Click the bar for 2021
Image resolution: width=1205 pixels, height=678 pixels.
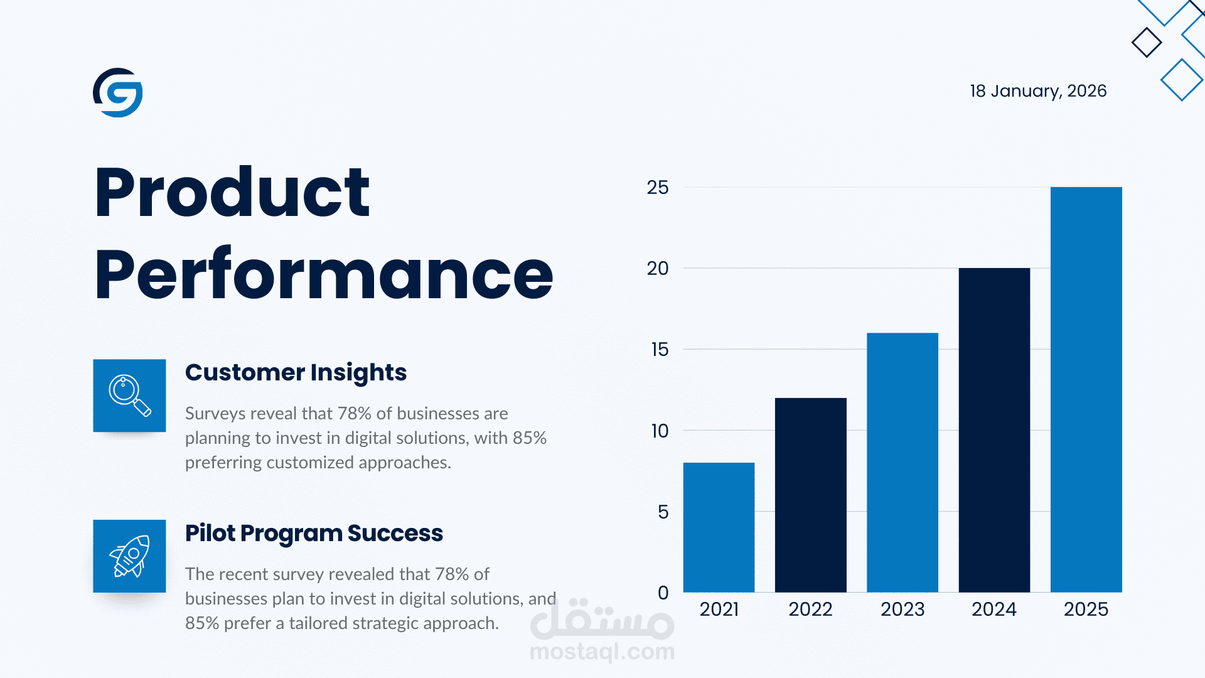719,527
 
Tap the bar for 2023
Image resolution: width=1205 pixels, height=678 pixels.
902,462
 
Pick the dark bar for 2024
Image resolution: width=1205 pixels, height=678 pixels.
994,430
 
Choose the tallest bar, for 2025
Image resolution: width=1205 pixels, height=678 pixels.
1086,389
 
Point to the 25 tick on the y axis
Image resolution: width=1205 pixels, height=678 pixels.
658,188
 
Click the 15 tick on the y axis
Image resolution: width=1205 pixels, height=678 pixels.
660,350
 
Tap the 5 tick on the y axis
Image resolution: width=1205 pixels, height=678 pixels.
663,512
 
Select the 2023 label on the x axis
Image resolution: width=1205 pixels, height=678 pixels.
902,610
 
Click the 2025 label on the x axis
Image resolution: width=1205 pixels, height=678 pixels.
1086,610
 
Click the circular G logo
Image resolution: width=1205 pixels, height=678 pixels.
118,93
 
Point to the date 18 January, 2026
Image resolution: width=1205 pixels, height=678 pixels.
1038,91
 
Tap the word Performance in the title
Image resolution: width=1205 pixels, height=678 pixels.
323,275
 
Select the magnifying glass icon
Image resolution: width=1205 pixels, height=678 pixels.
129,395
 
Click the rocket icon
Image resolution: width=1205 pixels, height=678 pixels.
129,556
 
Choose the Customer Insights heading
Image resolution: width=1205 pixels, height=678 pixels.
296,373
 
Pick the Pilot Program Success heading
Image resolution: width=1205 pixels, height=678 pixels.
314,534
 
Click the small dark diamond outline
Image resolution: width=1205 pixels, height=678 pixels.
1147,43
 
